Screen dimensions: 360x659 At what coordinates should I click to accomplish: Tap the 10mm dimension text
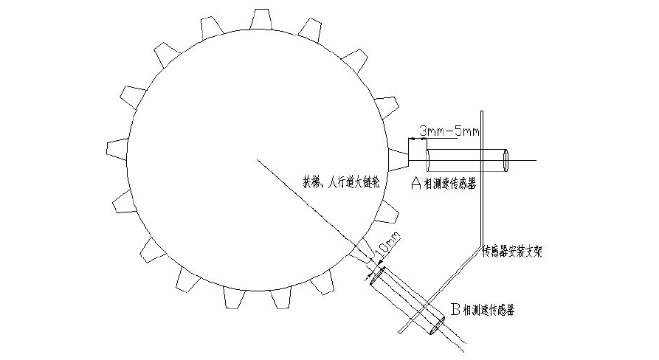(x=389, y=243)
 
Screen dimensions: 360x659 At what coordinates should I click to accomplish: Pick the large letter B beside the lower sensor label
(x=455, y=310)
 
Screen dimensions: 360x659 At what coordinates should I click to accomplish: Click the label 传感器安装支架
(x=513, y=251)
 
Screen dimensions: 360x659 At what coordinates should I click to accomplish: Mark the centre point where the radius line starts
(x=258, y=159)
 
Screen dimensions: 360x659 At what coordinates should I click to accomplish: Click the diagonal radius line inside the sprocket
(x=310, y=206)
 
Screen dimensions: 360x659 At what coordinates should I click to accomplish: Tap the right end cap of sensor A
(x=507, y=160)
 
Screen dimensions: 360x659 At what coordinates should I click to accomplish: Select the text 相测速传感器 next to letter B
(x=489, y=311)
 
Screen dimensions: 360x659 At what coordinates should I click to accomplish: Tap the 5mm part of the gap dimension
(x=468, y=131)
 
